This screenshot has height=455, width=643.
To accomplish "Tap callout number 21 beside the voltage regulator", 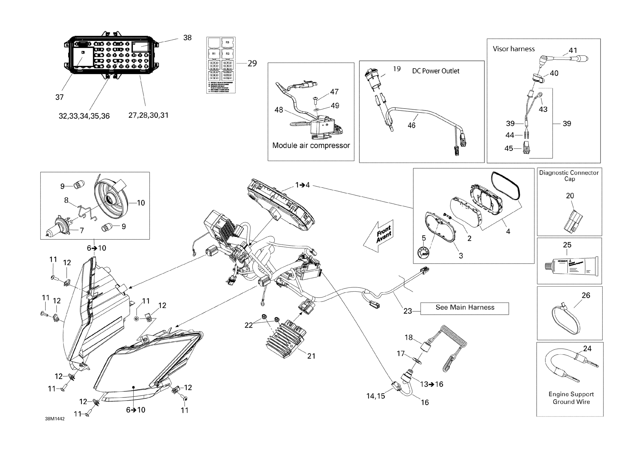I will [311, 356].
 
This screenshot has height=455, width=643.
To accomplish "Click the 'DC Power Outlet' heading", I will [436, 71].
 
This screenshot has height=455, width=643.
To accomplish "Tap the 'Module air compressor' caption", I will [311, 145].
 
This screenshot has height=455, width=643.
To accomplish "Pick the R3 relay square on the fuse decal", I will [227, 43].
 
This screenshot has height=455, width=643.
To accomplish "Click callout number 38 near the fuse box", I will [187, 38].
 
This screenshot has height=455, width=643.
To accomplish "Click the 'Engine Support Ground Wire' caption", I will [571, 398].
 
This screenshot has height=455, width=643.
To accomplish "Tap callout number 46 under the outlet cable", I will [411, 125].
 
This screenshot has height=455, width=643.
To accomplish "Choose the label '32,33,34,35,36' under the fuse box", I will [84, 116].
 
